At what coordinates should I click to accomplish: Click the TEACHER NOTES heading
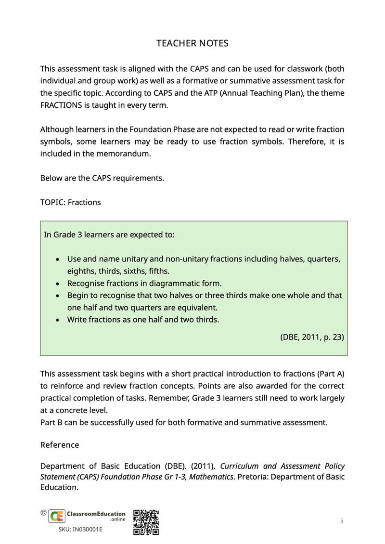pos(192,43)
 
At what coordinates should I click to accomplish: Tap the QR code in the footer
pos(146,522)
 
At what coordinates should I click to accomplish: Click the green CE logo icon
pos(57,516)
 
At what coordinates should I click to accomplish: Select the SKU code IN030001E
pos(80,530)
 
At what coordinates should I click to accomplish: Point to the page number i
pos(342,521)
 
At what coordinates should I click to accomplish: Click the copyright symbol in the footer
pos(43,513)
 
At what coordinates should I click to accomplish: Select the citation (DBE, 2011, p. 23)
pos(312,337)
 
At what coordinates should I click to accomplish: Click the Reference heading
pos(60,445)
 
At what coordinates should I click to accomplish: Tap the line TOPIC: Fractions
pos(70,202)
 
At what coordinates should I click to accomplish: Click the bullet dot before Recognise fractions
pos(58,284)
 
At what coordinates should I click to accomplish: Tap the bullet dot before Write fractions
pos(58,320)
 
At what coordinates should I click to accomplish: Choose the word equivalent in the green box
pos(196,307)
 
